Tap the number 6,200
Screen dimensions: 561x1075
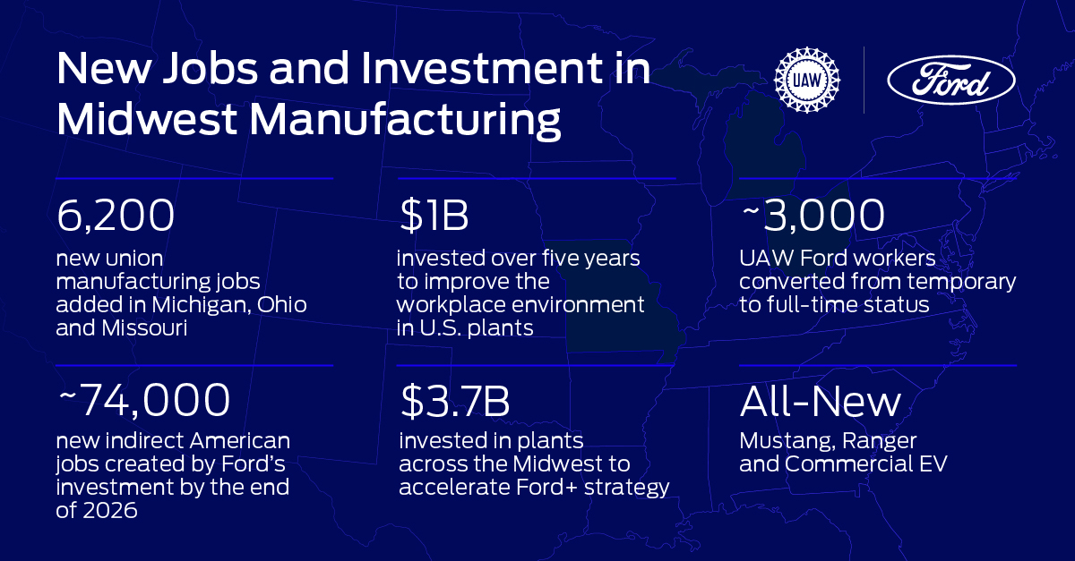pyautogui.click(x=115, y=217)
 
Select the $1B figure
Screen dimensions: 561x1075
pyautogui.click(x=434, y=217)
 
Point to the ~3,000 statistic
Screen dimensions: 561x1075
pyautogui.click(x=812, y=217)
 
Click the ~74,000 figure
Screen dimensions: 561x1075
pyautogui.click(x=143, y=402)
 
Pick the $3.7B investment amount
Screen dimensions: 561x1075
pyautogui.click(x=455, y=402)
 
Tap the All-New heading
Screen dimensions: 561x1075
pyautogui.click(x=820, y=402)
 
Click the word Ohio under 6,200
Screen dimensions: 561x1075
pyautogui.click(x=282, y=305)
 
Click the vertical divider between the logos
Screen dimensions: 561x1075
pyautogui.click(x=864, y=81)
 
